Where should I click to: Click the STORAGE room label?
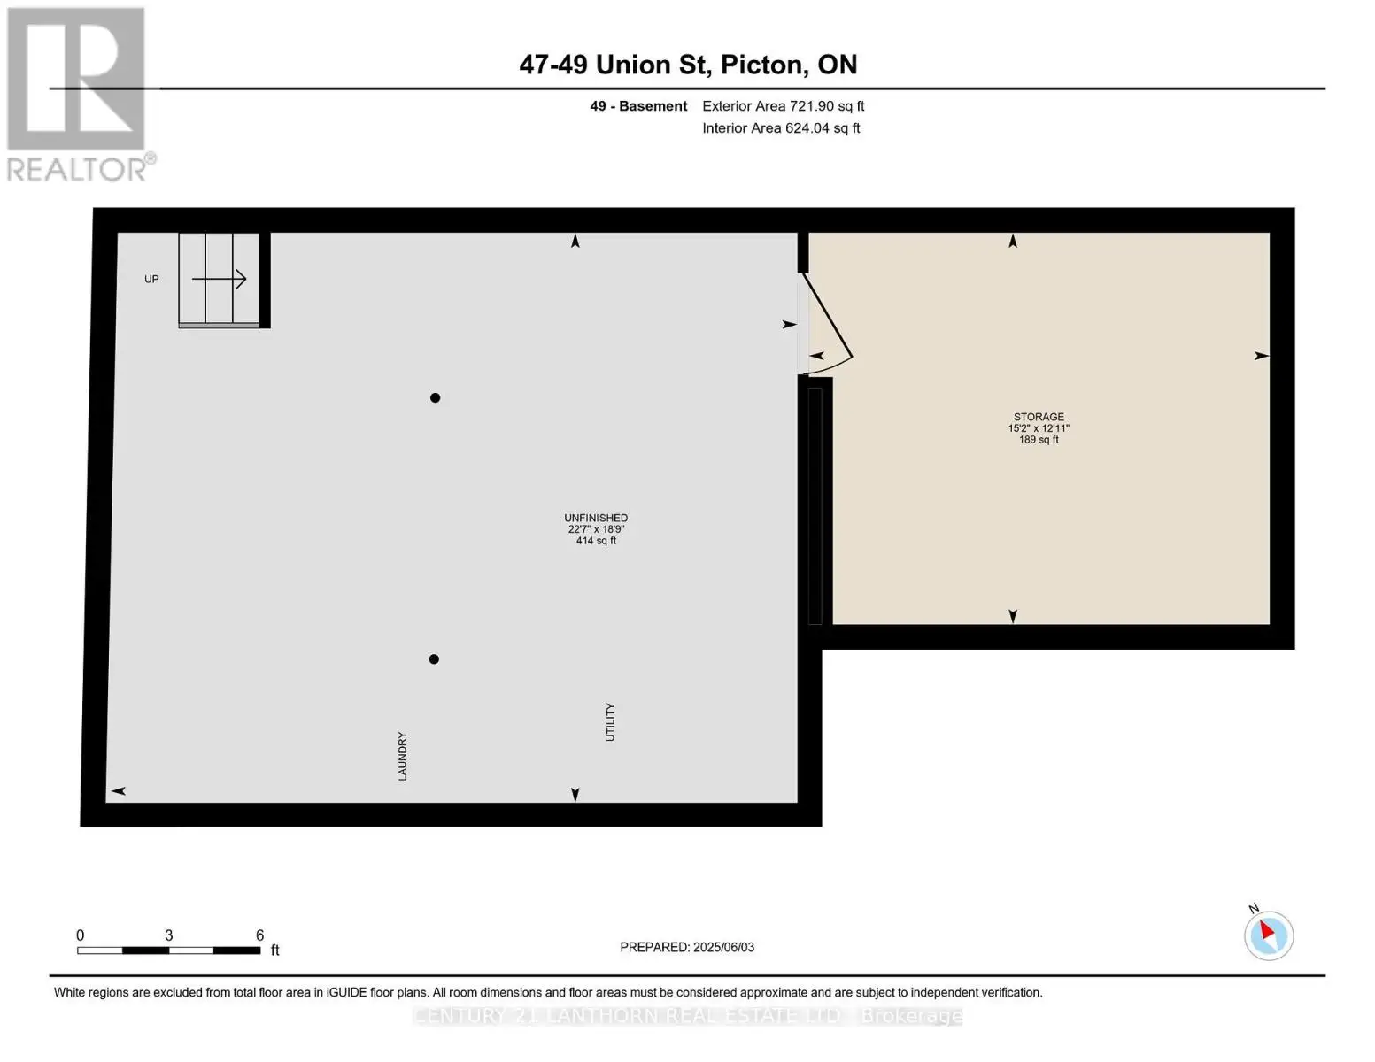pos(1039,417)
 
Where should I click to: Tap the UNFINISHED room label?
pos(596,518)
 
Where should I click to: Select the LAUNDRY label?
pos(403,756)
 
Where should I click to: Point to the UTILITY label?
pos(610,721)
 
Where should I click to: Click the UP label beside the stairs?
pos(151,279)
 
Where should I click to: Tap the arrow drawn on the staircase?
pos(219,279)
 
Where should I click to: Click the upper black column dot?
pos(436,398)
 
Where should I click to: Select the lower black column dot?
pos(434,659)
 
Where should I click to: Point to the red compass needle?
pos(1267,929)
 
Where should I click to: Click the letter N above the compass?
pos(1254,908)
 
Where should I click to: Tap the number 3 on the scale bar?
pos(169,935)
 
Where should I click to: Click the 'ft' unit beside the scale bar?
pos(275,950)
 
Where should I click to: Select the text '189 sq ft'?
pos(1039,440)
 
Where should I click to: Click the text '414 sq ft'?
pos(596,541)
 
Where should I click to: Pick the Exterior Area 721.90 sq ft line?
pos(784,106)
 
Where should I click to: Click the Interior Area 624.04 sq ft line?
pos(781,128)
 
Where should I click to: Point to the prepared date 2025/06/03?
pos(724,947)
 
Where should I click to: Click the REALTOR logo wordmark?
pos(77,169)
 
